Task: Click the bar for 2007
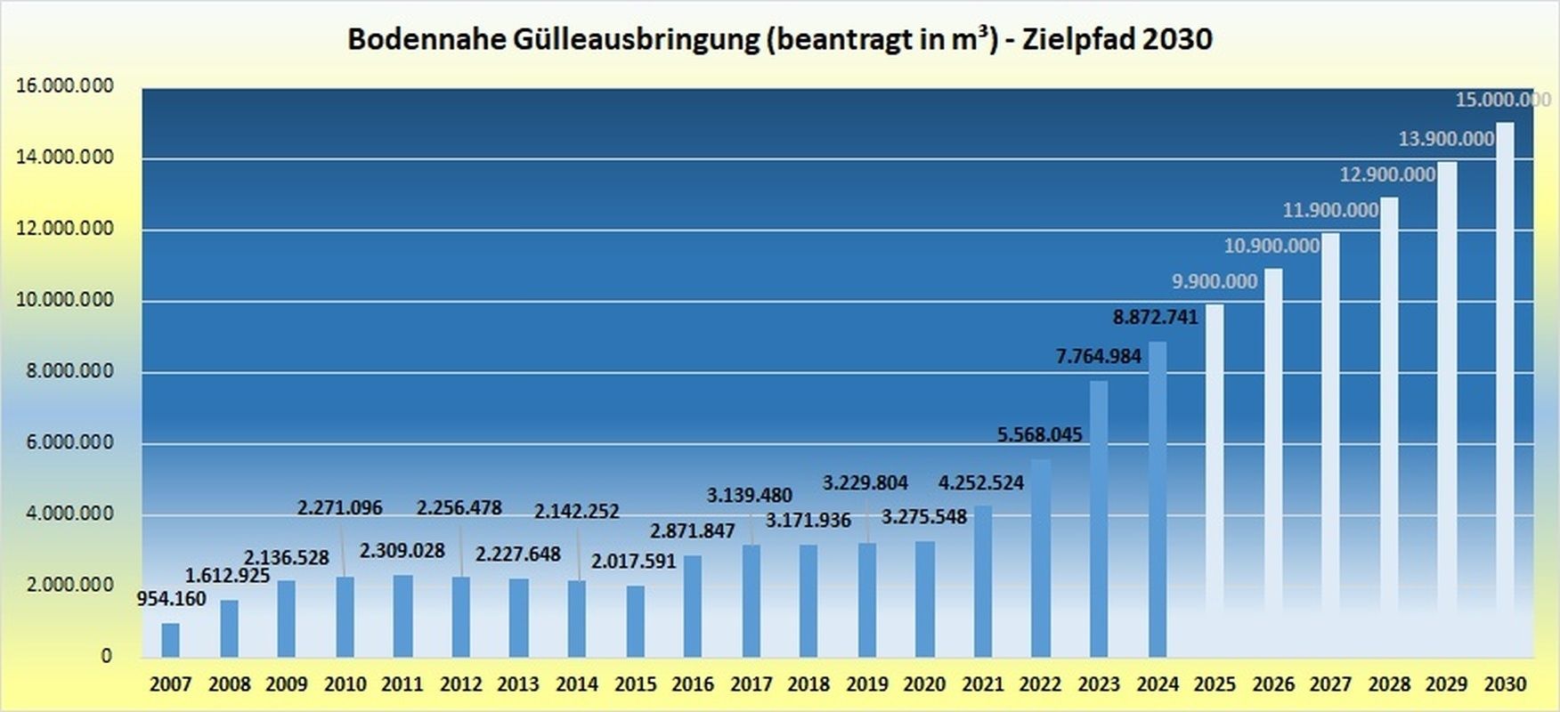click(x=170, y=640)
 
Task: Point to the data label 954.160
click(x=171, y=599)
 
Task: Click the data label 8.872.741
click(x=1155, y=317)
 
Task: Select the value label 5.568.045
click(x=1039, y=435)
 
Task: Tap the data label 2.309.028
click(x=402, y=551)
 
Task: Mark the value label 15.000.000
click(x=1502, y=100)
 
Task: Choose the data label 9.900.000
click(x=1215, y=282)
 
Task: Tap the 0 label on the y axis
click(x=107, y=656)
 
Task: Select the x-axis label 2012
click(x=460, y=684)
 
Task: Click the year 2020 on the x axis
click(x=924, y=684)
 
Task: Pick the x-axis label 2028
click(x=1389, y=684)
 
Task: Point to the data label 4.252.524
click(x=981, y=483)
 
